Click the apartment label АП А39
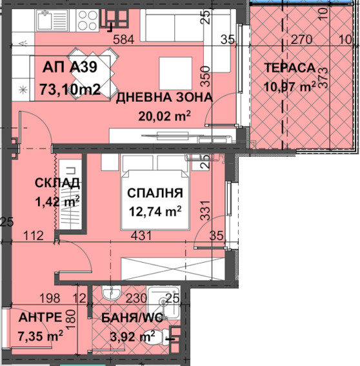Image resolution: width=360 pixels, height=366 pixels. tap(70, 67)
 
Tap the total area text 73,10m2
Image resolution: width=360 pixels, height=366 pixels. tap(70, 89)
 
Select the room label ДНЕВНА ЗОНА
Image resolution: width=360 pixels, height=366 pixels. tap(165, 97)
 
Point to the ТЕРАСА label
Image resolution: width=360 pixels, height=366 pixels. tap(290, 68)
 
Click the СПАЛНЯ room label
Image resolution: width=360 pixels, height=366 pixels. tap(155, 193)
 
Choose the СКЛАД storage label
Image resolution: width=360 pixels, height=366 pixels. tap(57, 183)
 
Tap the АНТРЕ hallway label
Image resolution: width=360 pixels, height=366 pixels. tap(41, 317)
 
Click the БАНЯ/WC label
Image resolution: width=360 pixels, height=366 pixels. tap(132, 318)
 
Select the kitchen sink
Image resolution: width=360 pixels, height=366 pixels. tap(52, 20)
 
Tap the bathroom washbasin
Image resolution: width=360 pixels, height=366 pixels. tap(112, 292)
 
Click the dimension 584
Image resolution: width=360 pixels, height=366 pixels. tap(124, 39)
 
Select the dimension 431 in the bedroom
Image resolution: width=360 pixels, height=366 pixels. tap(141, 236)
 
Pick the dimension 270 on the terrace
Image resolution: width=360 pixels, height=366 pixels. tap(301, 39)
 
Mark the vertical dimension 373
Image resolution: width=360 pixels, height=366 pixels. tap(323, 77)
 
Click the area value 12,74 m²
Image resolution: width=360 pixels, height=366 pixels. tap(155, 212)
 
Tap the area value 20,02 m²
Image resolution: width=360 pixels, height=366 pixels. tap(165, 116)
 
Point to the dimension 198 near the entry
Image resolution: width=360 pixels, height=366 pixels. tap(50, 298)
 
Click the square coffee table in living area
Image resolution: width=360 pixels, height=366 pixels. tap(175, 74)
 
